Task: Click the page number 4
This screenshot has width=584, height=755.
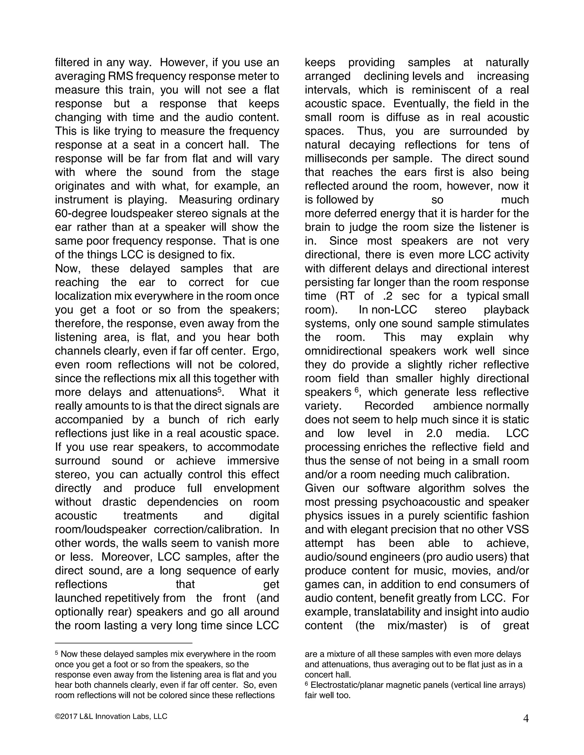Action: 526,719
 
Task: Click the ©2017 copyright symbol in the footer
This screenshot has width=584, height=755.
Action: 57,717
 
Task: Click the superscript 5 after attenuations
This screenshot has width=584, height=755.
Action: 219,389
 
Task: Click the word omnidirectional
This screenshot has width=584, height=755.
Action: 343,351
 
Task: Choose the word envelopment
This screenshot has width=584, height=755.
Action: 246,488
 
